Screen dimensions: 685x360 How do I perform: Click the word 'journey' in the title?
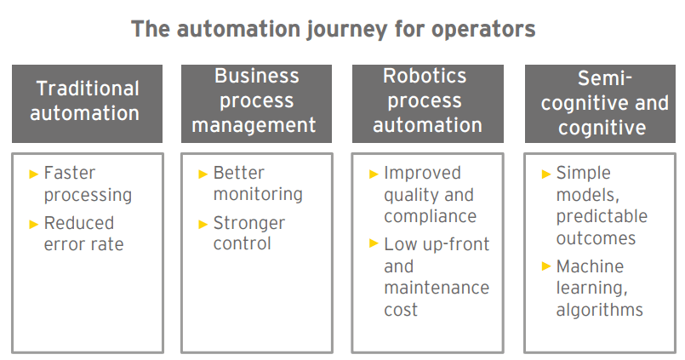coord(347,31)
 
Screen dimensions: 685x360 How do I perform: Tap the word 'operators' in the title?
coord(483,30)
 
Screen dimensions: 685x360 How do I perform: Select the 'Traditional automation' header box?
coord(87,104)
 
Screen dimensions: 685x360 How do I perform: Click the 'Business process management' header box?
coord(256,104)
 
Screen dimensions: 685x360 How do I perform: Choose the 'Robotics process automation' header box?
coord(428,104)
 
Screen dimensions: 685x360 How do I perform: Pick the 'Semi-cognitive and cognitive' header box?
coord(600,104)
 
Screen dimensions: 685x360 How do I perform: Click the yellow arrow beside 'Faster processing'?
coord(34,174)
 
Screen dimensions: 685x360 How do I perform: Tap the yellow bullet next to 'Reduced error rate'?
coord(34,225)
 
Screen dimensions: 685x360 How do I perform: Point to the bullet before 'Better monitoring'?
coord(203,174)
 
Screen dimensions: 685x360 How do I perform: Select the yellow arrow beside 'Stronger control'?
coord(203,225)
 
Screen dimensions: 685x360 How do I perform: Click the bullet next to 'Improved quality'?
coord(374,174)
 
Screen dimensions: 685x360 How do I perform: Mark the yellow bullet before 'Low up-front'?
coord(374,243)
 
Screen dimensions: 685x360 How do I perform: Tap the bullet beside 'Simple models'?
coord(546,174)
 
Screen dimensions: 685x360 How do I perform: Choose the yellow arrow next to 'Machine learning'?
coord(546,266)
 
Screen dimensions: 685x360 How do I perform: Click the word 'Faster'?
coord(70,173)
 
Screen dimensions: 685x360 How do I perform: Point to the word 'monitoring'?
coord(258,194)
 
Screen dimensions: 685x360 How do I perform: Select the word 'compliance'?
coord(431,216)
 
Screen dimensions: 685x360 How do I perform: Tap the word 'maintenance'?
coord(437,288)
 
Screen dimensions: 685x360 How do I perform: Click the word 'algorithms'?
coord(599,309)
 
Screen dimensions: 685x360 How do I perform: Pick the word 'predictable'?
coord(602,216)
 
